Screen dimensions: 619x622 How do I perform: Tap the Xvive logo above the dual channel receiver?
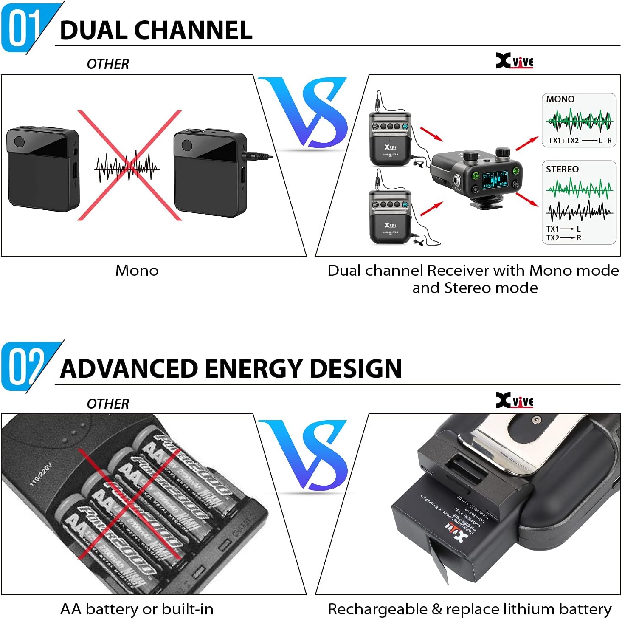(x=514, y=61)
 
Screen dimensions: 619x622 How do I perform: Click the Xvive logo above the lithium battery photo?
(x=514, y=401)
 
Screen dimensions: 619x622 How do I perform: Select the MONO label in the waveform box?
(x=560, y=99)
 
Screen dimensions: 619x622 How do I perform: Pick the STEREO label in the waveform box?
(x=562, y=170)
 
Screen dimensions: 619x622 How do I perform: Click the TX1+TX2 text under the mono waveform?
(x=563, y=141)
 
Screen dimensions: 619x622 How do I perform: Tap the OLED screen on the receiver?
(x=495, y=180)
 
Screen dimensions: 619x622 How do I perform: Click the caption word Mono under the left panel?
(x=137, y=271)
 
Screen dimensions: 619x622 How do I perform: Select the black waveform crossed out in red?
(x=127, y=167)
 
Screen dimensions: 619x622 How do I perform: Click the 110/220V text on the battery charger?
(x=41, y=475)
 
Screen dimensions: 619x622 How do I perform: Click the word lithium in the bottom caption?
(x=523, y=609)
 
